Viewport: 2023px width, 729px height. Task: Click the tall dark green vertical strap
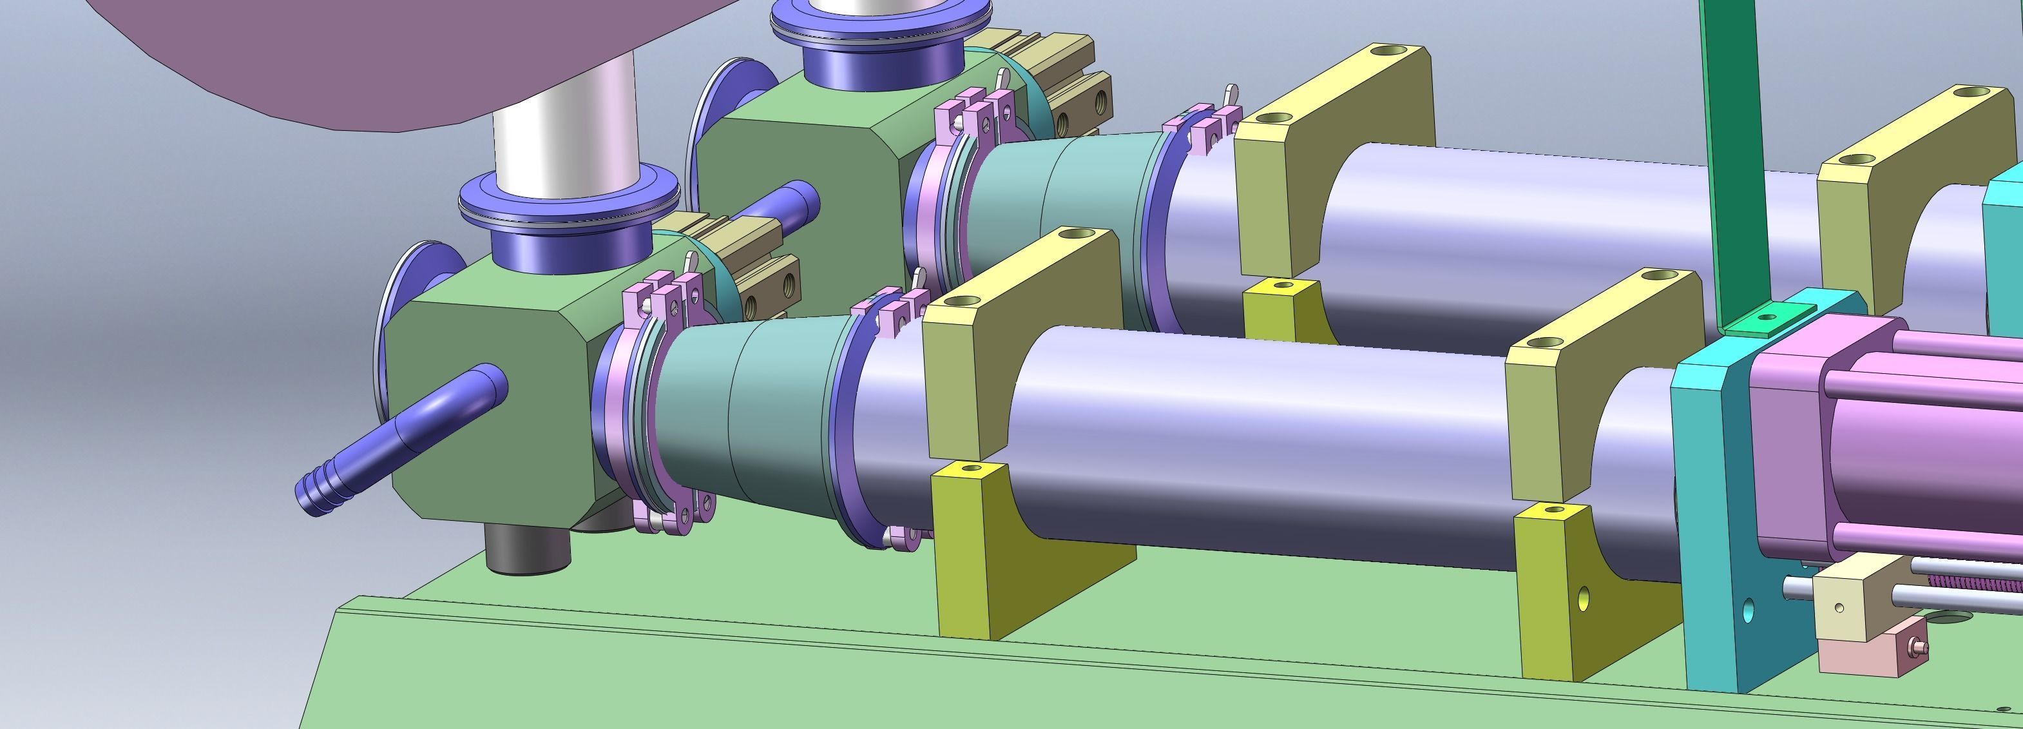coord(1732,157)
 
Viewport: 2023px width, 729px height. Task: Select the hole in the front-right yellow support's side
coord(1582,599)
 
